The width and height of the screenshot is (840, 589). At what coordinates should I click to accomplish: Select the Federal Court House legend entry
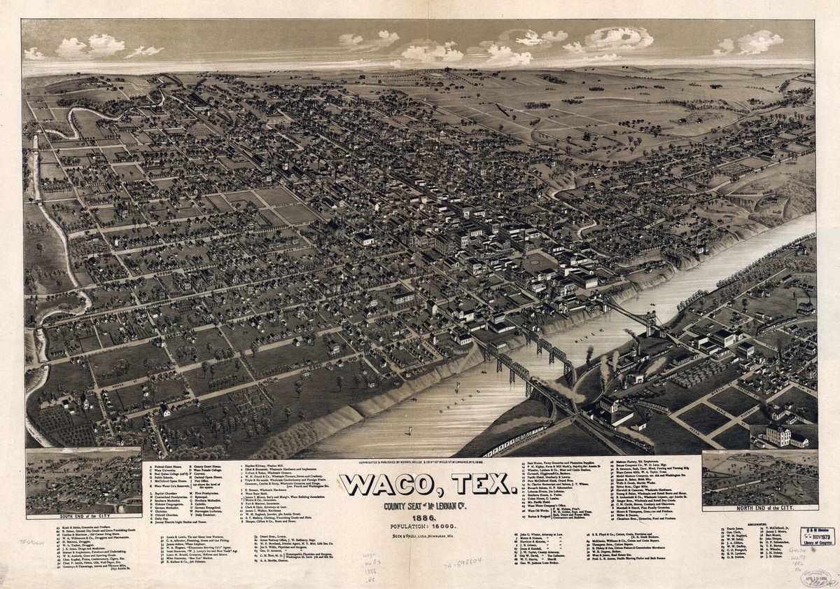coord(168,466)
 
